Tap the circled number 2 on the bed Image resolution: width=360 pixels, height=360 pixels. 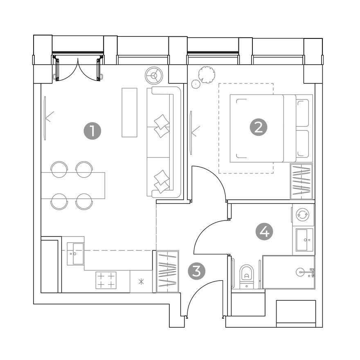tap(258, 128)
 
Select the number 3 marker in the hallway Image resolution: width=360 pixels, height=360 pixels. tap(196, 271)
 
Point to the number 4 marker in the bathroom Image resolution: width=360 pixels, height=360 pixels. tap(264, 232)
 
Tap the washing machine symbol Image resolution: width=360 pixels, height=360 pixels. tap(303, 214)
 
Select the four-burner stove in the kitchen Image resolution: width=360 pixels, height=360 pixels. tap(106, 280)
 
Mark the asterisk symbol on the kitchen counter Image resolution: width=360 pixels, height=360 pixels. tap(142, 281)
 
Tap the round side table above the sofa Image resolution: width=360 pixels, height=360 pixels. tap(154, 75)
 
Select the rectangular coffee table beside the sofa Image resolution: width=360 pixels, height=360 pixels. tap(129, 112)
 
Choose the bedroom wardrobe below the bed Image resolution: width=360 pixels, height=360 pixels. tap(301, 181)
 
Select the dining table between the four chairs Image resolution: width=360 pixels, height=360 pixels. tap(73, 185)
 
